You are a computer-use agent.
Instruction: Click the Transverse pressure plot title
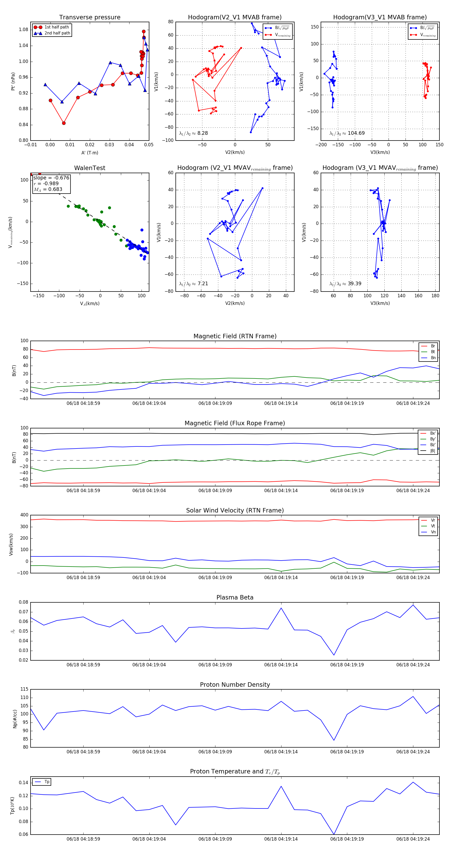90,18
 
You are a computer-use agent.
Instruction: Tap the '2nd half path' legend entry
57,33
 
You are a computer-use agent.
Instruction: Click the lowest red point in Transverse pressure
63,123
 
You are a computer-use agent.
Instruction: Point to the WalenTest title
90,168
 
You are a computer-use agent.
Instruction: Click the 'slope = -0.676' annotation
51,178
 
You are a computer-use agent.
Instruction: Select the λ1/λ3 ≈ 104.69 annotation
347,133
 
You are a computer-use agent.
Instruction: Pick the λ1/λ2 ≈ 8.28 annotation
193,133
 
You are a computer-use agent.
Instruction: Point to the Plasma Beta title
235,597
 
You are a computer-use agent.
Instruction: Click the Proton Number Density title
235,684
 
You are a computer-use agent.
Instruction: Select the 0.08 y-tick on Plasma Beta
23,602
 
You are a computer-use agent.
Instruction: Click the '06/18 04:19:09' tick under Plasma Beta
215,665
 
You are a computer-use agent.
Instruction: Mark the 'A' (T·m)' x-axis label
90,153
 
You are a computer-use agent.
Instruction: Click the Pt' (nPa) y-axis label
13,81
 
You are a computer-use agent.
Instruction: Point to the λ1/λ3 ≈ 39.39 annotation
345,284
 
